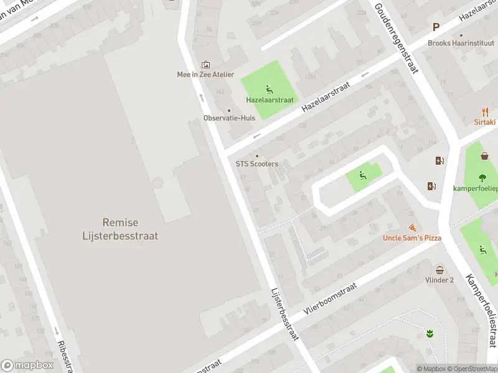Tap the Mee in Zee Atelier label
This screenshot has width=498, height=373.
pos(205,75)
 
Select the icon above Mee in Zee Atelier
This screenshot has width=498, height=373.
pos(205,64)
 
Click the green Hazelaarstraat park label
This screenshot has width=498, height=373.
pos(270,99)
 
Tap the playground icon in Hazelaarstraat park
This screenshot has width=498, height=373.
pos(269,88)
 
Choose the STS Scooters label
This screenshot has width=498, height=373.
pos(256,164)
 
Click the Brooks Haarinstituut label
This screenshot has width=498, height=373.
pos(461,44)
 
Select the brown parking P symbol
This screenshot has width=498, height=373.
pos(436,27)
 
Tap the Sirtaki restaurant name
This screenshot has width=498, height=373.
pos(485,123)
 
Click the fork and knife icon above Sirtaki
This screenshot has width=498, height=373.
pos(485,112)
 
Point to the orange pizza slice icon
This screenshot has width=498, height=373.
pos(411,228)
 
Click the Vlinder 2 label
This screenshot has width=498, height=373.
pos(440,280)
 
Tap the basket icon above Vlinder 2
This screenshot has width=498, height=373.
pos(440,270)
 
